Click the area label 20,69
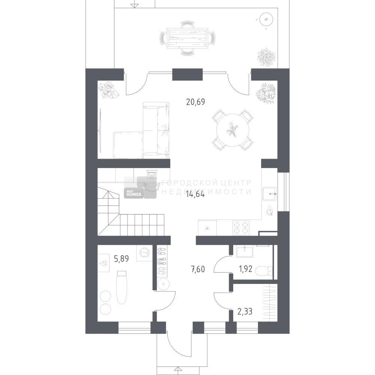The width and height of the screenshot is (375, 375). [196, 102]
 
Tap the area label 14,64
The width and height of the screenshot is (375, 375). [195, 194]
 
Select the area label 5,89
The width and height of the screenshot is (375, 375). [121, 259]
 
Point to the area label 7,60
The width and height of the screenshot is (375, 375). [198, 269]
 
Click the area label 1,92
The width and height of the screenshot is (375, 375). [245, 269]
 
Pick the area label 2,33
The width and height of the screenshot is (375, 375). [244, 312]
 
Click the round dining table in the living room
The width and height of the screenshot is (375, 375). [233, 130]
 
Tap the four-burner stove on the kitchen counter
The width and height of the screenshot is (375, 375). [241, 228]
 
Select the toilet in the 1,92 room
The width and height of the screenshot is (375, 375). [264, 271]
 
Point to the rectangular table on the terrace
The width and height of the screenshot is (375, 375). [187, 38]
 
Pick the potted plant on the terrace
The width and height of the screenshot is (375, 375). [267, 58]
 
